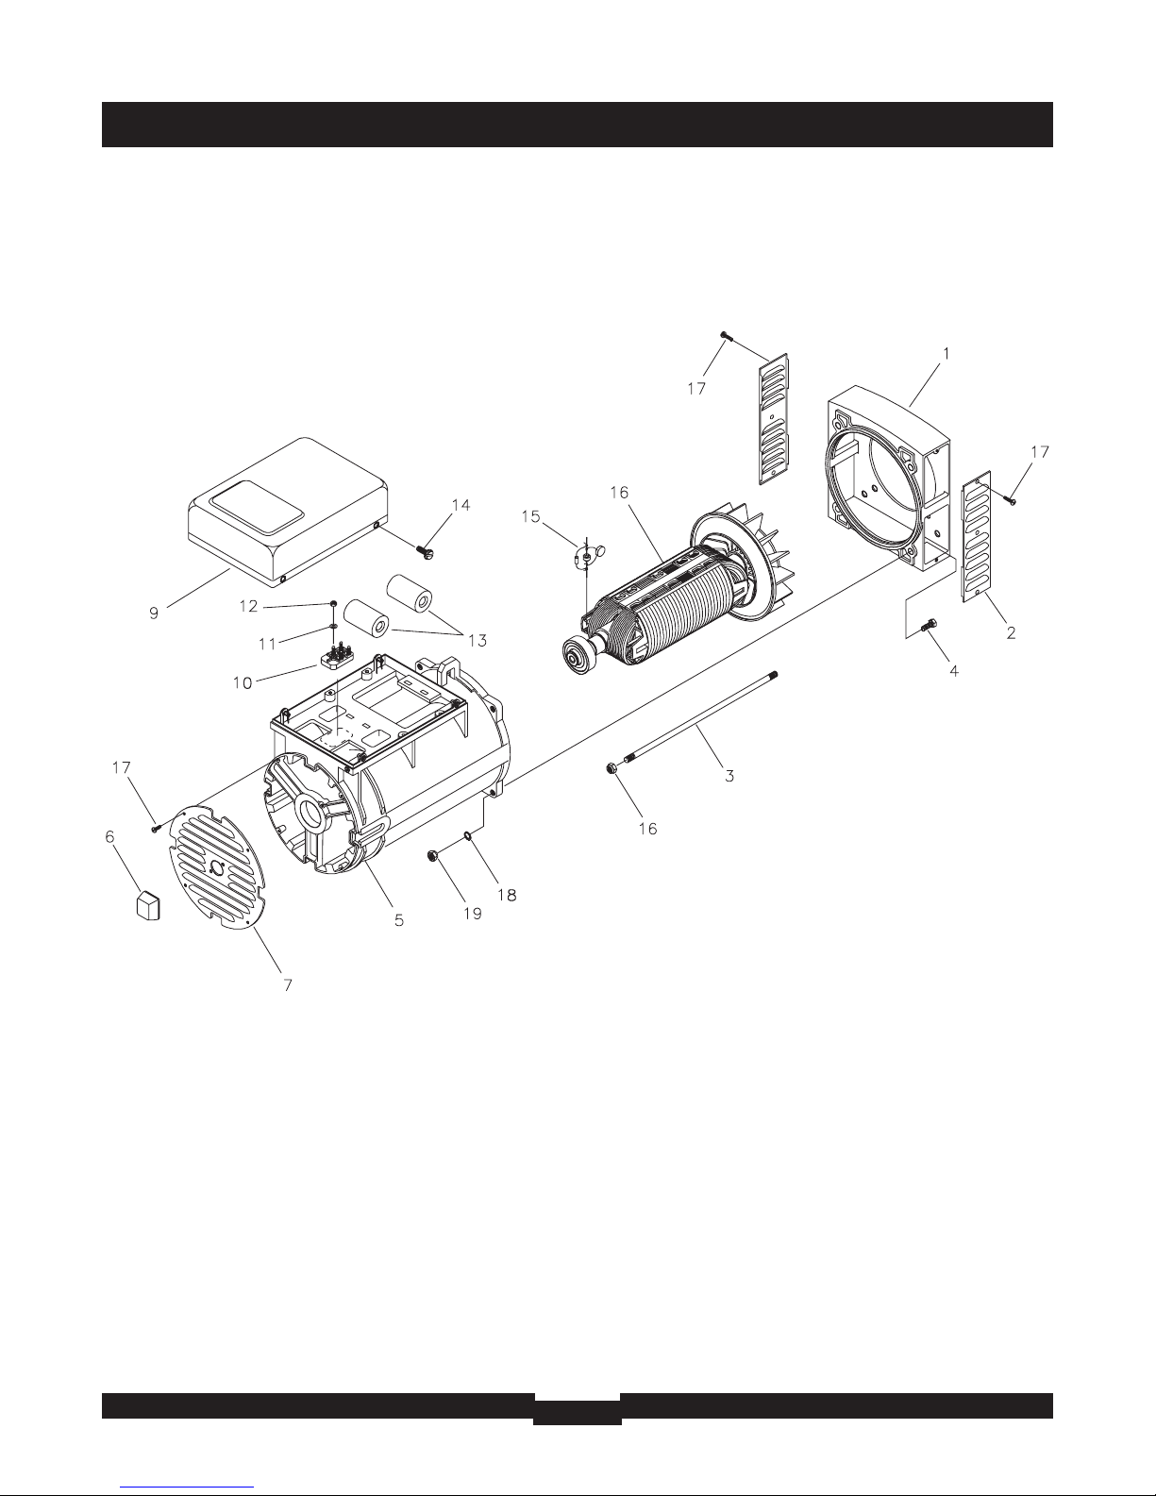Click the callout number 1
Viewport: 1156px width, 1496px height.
tap(947, 354)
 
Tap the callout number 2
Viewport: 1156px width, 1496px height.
tap(1011, 632)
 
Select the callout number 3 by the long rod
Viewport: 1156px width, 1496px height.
tap(729, 776)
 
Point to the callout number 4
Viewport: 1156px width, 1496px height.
tap(954, 670)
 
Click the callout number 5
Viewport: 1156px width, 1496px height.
tap(399, 919)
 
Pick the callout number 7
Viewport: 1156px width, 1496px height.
tap(288, 985)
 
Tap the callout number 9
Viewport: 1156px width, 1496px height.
tap(154, 613)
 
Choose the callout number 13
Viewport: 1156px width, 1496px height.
tap(477, 641)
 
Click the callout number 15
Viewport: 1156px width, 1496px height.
tap(531, 516)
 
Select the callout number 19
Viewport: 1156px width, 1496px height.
tap(473, 914)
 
